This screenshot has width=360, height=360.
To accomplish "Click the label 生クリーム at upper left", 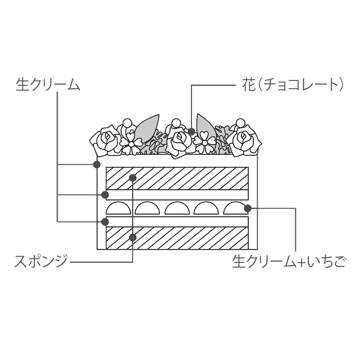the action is (x=48, y=84).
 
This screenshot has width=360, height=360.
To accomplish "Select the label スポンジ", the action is (x=41, y=261).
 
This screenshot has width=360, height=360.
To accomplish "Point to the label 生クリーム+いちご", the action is (x=289, y=262).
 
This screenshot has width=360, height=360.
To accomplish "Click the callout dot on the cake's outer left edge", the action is (x=97, y=164).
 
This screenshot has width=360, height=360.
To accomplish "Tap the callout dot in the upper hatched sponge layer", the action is (x=133, y=178).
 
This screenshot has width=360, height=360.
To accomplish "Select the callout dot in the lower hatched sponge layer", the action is (x=133, y=238).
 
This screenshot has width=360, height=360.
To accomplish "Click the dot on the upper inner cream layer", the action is (x=105, y=195).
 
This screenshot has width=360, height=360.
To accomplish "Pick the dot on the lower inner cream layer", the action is (x=105, y=222).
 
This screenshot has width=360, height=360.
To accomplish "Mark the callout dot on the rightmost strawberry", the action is (x=247, y=208).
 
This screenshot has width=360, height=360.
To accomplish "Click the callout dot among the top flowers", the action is (x=191, y=131).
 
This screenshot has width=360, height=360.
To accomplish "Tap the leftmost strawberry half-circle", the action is (x=118, y=208).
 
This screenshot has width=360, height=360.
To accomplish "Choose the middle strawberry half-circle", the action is (x=177, y=208).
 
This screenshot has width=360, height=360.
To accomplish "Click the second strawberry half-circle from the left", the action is (x=148, y=208).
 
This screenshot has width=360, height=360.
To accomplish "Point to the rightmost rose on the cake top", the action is (x=244, y=140).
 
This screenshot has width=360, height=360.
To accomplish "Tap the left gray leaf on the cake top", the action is (x=146, y=128).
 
